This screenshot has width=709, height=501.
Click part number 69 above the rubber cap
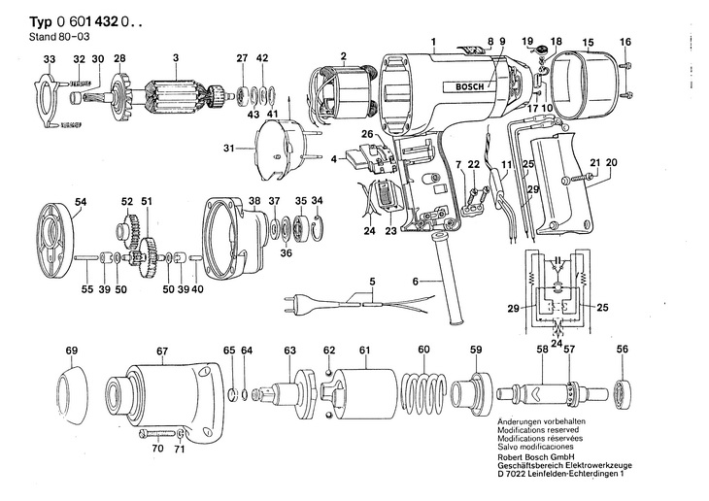71,350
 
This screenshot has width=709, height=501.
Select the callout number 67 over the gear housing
162,350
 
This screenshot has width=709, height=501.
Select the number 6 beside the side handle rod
415,282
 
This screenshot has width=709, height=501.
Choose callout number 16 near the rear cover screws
625,41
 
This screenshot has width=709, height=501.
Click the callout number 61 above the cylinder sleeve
364,350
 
